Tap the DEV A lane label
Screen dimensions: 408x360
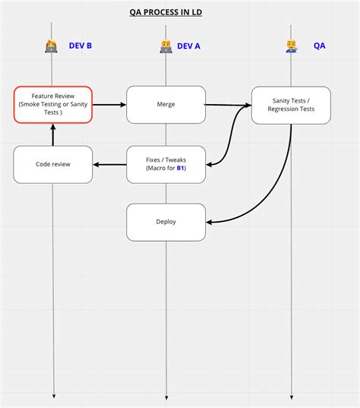[188, 46]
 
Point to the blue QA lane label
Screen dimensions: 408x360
[320, 46]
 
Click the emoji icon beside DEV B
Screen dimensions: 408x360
[52, 46]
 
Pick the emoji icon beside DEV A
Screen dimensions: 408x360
[166, 46]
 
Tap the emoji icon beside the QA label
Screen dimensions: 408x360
[292, 46]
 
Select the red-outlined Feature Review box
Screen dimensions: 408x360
[52, 105]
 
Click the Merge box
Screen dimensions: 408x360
[166, 105]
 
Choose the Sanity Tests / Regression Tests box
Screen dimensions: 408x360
[291, 105]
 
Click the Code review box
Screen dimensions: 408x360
[52, 164]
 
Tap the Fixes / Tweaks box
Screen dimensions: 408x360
[166, 164]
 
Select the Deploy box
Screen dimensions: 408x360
[166, 223]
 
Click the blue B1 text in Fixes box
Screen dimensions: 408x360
[180, 169]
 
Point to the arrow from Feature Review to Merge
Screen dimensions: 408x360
[109, 105]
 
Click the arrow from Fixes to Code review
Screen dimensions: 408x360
[109, 164]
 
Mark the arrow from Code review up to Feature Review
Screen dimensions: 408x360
[52, 135]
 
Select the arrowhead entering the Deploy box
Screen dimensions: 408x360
[210, 223]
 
